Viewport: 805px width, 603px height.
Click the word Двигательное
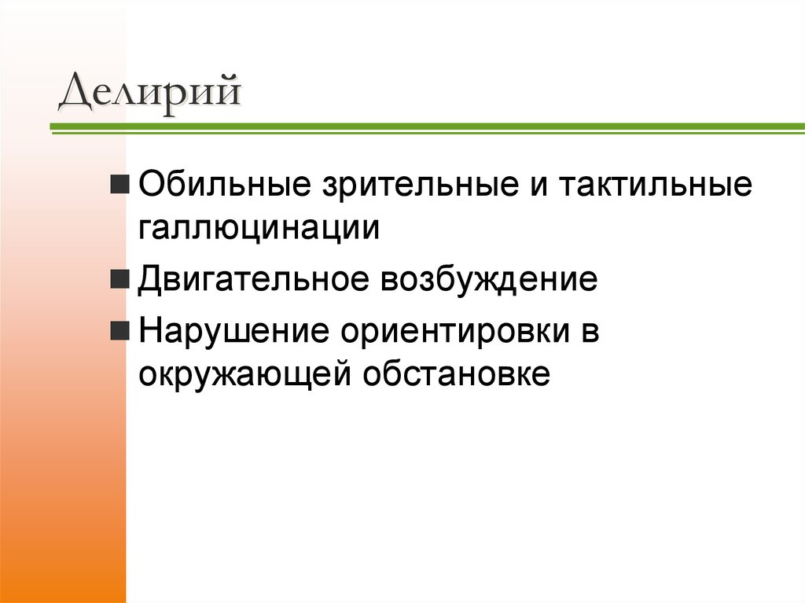coord(255,281)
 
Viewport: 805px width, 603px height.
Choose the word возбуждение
coord(490,281)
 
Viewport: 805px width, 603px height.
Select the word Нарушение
coord(233,332)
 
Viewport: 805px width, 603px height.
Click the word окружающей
coord(244,373)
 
